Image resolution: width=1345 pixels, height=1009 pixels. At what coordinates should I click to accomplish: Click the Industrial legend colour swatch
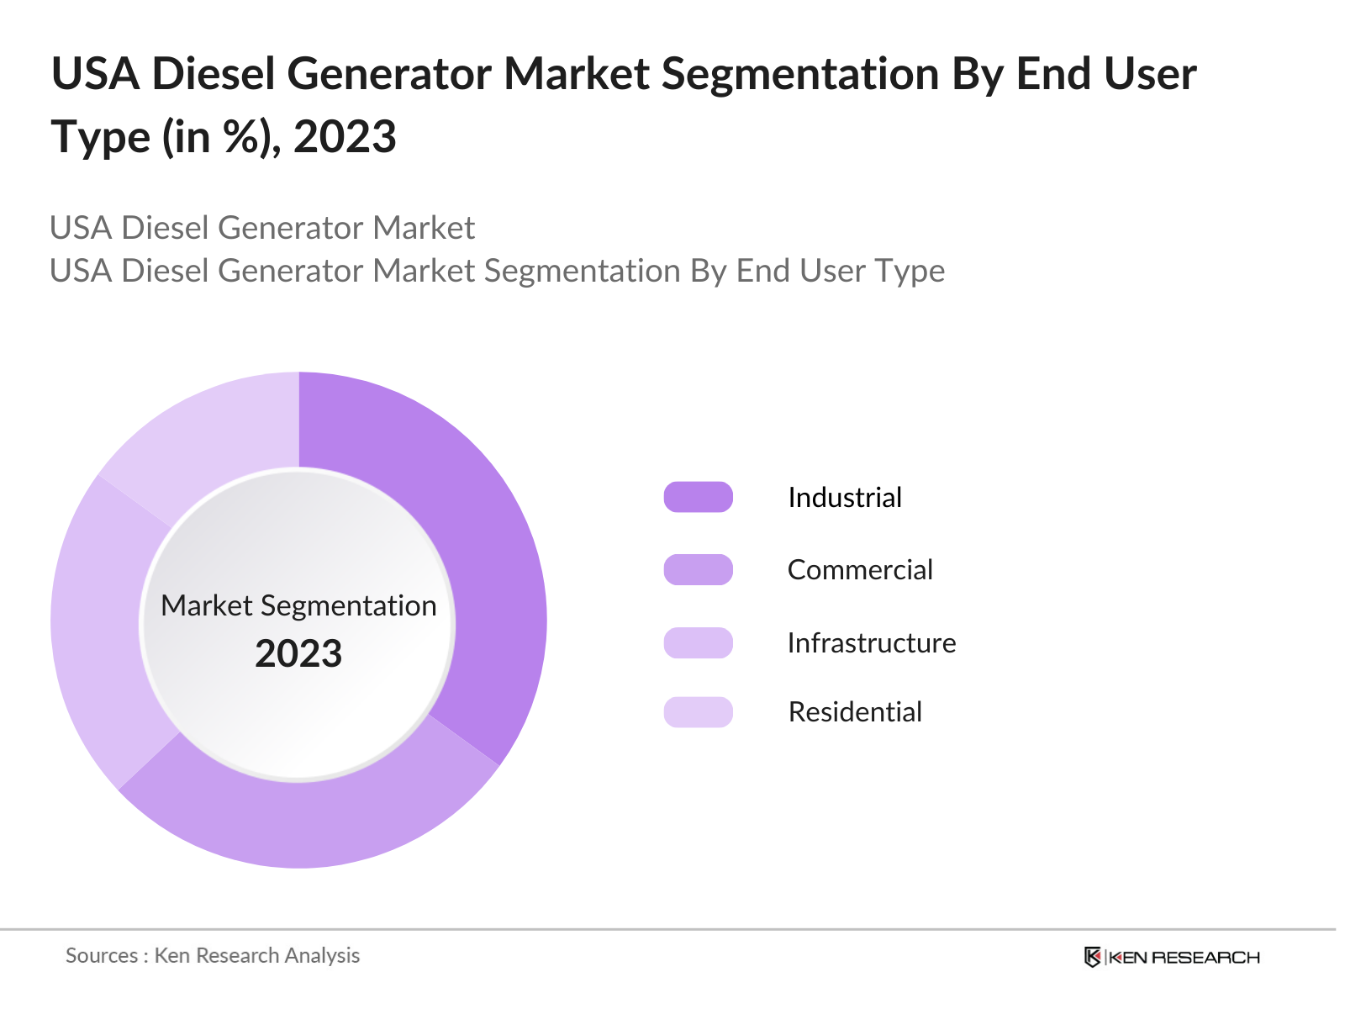[x=698, y=497]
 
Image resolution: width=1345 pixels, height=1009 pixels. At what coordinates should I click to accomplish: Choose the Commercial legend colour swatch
[x=698, y=570]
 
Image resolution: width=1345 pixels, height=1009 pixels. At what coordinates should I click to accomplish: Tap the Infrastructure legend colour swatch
[x=698, y=642]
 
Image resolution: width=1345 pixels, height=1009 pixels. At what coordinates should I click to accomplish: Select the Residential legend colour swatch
[x=698, y=712]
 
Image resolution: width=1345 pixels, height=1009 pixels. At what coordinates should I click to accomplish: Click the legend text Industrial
[x=844, y=498]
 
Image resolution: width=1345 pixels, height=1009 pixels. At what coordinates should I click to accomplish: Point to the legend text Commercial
[x=859, y=570]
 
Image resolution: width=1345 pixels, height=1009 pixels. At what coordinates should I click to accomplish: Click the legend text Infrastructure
[x=871, y=643]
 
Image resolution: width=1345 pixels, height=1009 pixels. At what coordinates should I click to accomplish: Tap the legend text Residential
[x=854, y=712]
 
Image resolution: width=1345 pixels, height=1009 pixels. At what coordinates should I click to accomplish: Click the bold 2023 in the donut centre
[x=298, y=654]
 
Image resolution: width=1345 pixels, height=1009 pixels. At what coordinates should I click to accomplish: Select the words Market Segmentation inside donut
[x=298, y=605]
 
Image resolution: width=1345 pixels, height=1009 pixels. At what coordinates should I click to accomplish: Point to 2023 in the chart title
[x=345, y=137]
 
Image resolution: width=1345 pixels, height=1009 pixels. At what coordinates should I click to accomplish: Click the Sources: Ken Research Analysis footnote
[x=213, y=956]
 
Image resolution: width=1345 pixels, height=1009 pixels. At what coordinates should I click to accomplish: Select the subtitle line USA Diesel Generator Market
[x=262, y=228]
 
